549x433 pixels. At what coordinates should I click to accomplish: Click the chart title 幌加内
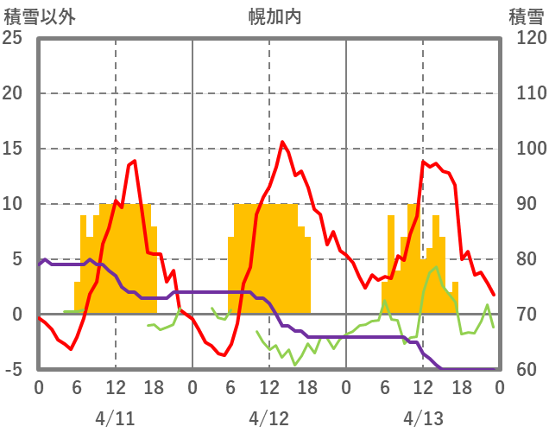coord(274,16)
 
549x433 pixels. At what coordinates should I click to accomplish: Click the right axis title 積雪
coord(526,16)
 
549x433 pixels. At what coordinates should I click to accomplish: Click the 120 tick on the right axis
coord(526,38)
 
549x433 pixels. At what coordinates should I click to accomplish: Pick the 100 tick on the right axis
coord(526,149)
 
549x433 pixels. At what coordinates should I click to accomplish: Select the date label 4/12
coord(268,418)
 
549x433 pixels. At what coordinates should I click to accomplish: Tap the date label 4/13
coord(422,418)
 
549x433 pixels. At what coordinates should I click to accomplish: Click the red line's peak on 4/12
coord(282,142)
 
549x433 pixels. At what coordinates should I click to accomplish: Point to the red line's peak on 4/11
coord(134,160)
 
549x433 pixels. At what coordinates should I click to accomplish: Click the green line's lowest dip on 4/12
coord(295,365)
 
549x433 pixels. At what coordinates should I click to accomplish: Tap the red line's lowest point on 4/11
coord(71,349)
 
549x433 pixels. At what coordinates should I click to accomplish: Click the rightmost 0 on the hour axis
coord(499,387)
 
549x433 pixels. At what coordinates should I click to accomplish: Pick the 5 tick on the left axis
coord(16,259)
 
